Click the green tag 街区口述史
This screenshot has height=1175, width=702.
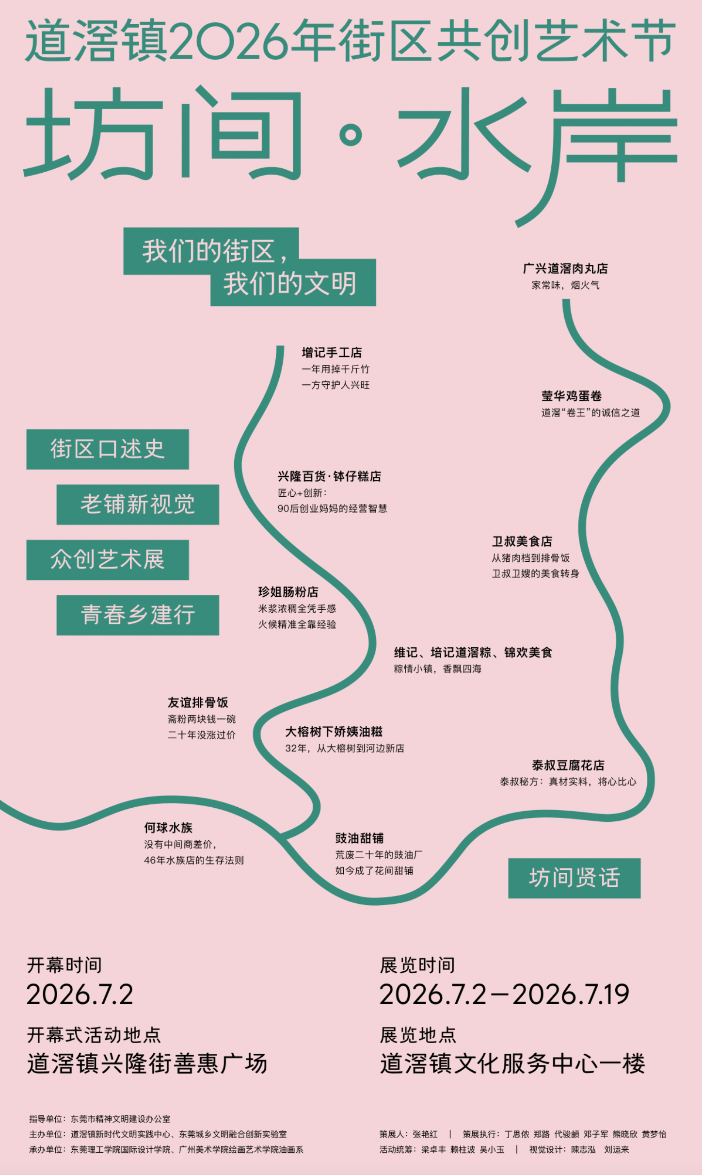[x=108, y=449]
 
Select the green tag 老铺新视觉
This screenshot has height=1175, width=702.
[x=138, y=504]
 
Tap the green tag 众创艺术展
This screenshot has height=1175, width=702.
[x=108, y=559]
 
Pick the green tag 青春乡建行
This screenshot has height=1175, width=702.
[x=138, y=615]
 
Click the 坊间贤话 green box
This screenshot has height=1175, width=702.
[x=574, y=878]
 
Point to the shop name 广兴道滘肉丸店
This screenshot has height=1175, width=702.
[x=565, y=268]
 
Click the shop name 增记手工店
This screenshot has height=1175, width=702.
[x=332, y=352]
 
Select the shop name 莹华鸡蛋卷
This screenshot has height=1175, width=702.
[x=572, y=396]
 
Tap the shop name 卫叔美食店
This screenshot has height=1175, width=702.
[x=522, y=541]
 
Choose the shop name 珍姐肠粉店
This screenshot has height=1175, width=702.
[x=288, y=592]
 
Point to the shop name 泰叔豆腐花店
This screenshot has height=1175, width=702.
[x=568, y=765]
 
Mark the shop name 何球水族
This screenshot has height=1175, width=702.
[x=168, y=827]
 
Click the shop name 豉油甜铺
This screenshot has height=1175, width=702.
[x=360, y=838]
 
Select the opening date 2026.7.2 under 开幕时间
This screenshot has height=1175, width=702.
[x=80, y=995]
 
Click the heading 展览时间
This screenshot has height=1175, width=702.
[x=417, y=965]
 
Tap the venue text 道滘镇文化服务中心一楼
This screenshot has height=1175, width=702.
[x=513, y=1064]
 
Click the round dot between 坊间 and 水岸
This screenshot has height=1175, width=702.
[x=351, y=134]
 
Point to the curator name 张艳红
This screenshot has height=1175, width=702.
[x=425, y=1134]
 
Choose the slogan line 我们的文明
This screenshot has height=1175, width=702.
[x=290, y=283]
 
